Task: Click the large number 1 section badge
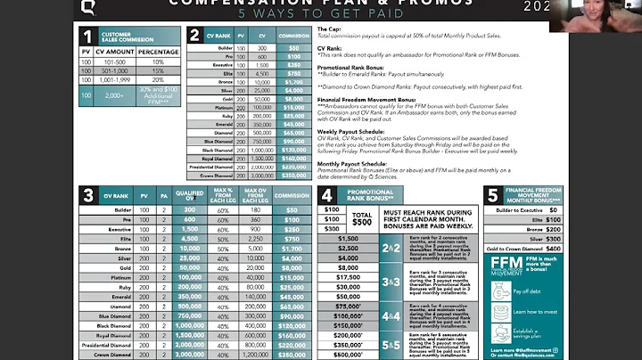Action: pyautogui.click(x=87, y=37)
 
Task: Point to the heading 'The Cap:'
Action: pyautogui.click(x=328, y=29)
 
